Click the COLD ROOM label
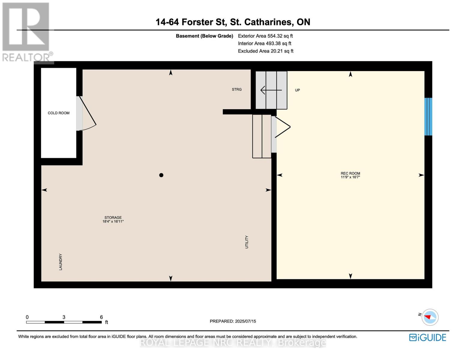[59, 113]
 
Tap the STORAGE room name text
[113, 217]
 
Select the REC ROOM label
[350, 173]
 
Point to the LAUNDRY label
[61, 262]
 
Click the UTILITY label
[247, 242]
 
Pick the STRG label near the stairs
[236, 89]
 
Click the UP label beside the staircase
[297, 90]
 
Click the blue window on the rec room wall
[428, 116]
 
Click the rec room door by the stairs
[282, 127]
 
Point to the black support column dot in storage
[161, 175]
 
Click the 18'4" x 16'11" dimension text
[113, 221]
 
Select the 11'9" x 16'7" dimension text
[350, 177]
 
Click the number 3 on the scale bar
[64, 317]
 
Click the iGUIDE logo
[428, 337]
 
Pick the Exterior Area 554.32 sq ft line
[265, 36]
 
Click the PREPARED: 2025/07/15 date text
[233, 321]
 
